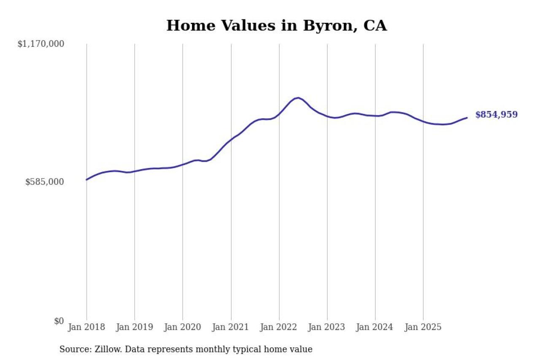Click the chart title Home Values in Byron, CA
[276, 26]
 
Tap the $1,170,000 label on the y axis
[40, 44]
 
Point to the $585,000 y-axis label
[45, 182]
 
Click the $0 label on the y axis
[59, 321]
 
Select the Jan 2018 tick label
[86, 328]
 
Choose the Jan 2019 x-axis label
[135, 328]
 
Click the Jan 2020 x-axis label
[183, 328]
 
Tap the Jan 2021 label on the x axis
[231, 328]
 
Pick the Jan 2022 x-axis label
[279, 328]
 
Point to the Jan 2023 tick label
[327, 328]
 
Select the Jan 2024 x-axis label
[375, 328]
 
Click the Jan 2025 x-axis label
[423, 328]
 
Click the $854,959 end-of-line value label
[496, 115]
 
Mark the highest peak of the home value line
[298, 98]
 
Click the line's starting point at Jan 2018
[86, 180]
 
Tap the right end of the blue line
[467, 118]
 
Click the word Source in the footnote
[72, 349]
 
